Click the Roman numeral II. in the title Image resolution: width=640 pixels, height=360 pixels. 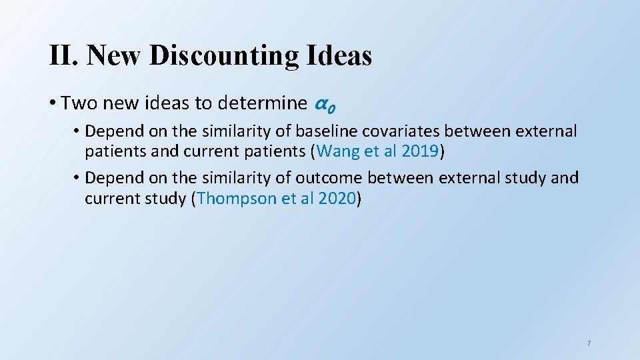point(65,55)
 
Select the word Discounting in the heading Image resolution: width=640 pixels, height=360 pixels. point(225,55)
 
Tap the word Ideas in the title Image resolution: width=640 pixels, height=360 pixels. point(339,55)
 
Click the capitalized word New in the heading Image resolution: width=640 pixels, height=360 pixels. point(115,55)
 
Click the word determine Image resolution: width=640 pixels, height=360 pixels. point(263,103)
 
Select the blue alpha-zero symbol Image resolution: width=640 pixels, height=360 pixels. point(324,105)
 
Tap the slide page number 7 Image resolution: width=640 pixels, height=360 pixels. point(589,343)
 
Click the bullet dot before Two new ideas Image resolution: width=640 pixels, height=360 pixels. point(52,104)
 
